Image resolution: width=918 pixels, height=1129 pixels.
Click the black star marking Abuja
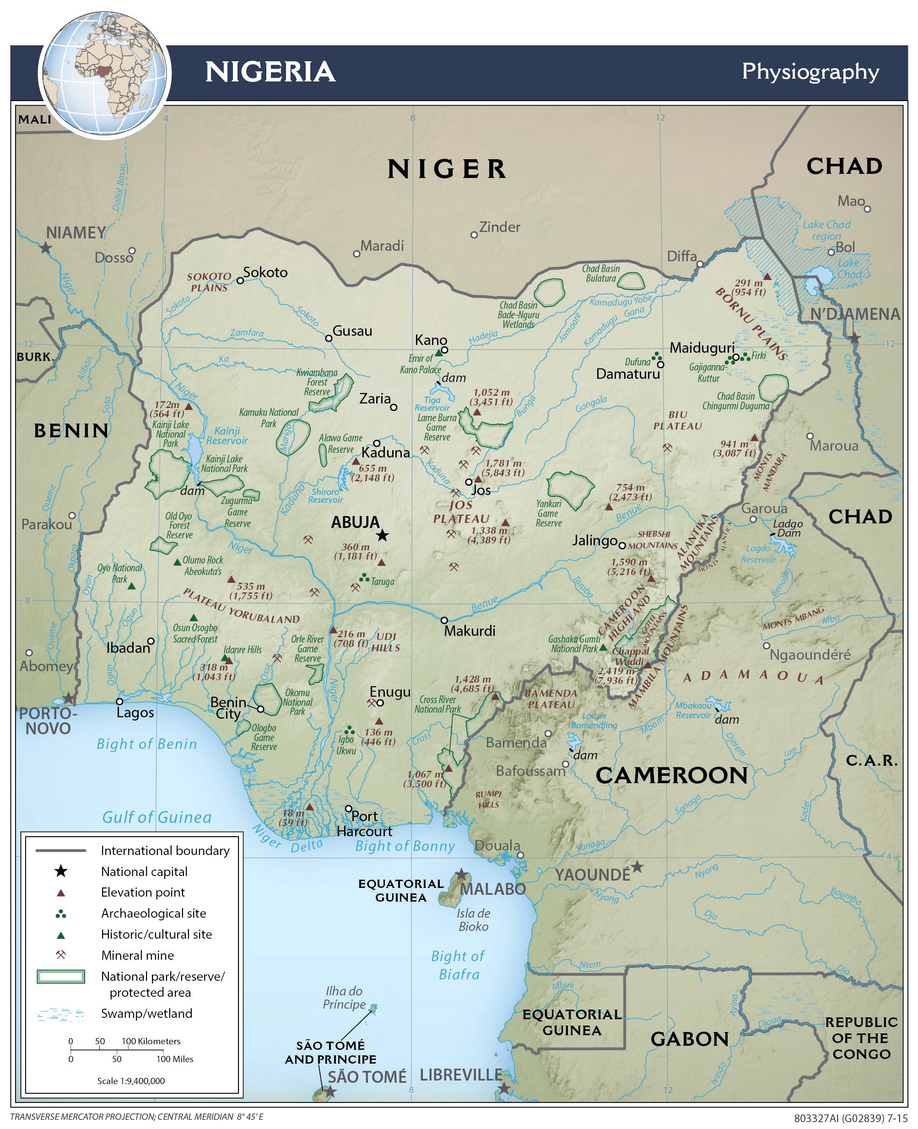pos(382,535)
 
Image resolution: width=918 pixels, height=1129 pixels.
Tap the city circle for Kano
pos(445,350)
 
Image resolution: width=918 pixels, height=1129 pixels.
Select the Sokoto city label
pos(265,272)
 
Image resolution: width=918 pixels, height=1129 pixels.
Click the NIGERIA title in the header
pos(270,72)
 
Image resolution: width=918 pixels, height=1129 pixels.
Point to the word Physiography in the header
pos(810,72)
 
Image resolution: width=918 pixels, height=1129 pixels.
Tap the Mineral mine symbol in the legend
pos(61,955)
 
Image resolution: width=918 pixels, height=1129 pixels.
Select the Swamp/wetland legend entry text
pos(146,1013)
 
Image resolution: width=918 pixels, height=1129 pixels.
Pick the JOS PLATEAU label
pos(461,511)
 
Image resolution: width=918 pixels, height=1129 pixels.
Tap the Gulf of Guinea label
pos(157,817)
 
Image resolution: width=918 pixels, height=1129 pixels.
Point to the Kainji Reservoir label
pos(227,435)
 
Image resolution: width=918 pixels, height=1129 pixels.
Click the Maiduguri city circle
pos(735,357)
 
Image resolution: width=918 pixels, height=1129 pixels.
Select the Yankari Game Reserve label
pos(548,513)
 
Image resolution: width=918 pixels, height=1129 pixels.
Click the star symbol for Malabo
pos(461,874)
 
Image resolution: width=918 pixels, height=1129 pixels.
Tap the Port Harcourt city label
pos(364,823)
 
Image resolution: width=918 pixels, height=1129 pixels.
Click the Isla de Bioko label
pos(474,919)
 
